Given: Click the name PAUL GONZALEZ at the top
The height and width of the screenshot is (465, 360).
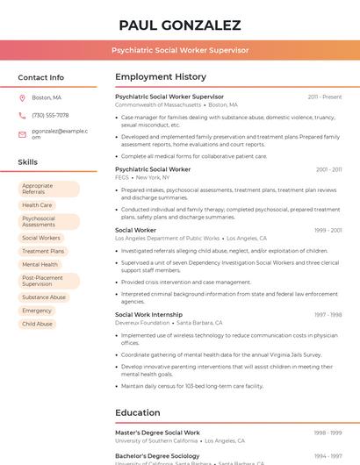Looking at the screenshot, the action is (179, 25).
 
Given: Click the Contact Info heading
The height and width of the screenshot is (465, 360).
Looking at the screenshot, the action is (40, 77).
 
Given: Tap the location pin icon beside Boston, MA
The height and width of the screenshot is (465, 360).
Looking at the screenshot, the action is (22, 97).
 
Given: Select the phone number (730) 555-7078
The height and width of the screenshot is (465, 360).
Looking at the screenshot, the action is (50, 115).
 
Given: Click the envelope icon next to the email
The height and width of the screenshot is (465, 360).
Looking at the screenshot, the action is (22, 133).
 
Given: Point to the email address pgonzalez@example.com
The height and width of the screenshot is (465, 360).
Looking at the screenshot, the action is (60, 133).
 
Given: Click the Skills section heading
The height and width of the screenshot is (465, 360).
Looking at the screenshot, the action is (28, 162).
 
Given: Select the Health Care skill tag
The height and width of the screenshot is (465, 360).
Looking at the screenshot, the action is (37, 205).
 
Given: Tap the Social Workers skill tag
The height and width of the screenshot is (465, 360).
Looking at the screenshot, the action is (41, 238).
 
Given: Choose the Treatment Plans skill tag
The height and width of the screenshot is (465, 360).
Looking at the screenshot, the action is (43, 251).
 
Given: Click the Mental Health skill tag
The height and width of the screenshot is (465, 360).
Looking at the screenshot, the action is (40, 264).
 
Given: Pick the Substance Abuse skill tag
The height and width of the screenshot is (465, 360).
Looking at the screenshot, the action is (44, 297).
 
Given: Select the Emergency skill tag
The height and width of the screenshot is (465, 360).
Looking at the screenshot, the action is (37, 311).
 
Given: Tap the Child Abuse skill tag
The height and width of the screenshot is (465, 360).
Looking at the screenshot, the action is (38, 324).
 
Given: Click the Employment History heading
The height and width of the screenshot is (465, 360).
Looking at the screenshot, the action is (161, 76).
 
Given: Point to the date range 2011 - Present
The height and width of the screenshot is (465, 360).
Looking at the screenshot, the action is (325, 97).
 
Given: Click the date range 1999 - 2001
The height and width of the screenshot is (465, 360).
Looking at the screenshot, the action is (328, 231).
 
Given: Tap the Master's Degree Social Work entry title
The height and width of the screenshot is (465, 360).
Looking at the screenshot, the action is (158, 433).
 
